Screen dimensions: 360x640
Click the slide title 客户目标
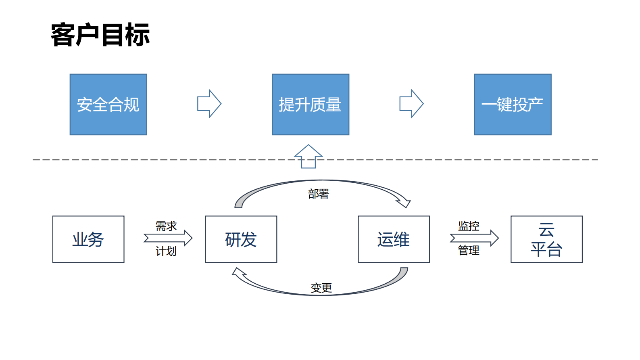pos(100,35)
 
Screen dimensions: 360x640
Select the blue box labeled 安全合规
pos(108,105)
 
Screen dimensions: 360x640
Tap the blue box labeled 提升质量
pos(310,105)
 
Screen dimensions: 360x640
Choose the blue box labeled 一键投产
pos(512,105)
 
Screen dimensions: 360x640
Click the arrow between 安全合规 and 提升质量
pos(209,104)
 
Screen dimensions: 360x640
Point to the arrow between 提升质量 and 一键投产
pos(411,104)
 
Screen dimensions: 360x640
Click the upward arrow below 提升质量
pos(309,156)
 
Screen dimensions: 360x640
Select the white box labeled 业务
pos(88,239)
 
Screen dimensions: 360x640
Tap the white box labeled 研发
pos(241,239)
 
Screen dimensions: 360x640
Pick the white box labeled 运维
pos(394,239)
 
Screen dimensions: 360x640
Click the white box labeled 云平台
pos(546,239)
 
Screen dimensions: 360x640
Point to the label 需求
pos(166,226)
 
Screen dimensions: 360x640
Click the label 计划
pos(166,251)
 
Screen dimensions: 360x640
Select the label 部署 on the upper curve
pos(319,194)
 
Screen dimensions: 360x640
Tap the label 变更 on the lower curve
pos(321,288)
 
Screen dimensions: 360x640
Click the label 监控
pos(469,226)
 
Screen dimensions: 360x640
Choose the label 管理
pos(469,250)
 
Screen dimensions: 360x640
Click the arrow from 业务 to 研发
pos(168,238)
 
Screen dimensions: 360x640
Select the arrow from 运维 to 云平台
pos(474,238)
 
